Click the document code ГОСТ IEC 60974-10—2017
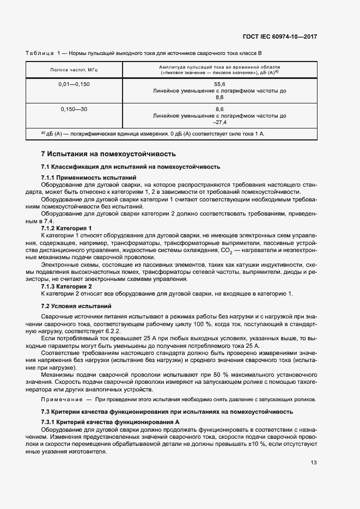pyautogui.click(x=280, y=36)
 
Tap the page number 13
pyautogui.click(x=314, y=462)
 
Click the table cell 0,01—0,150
pyautogui.click(x=74, y=84)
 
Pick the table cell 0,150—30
pyautogui.click(x=74, y=109)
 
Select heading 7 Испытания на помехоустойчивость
pyautogui.click(x=108, y=154)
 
